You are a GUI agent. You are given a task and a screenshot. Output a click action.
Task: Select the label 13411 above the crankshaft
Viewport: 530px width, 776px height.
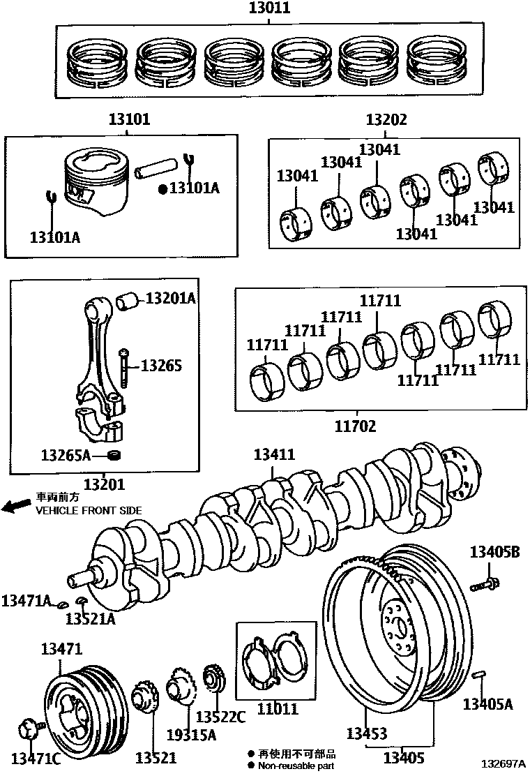point(274,455)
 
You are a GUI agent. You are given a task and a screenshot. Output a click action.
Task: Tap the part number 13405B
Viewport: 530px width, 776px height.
point(494,552)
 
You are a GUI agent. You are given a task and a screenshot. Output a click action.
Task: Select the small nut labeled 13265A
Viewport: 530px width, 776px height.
point(116,456)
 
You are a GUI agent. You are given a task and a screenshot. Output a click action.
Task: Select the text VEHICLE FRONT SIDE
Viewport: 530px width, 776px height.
point(89,511)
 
